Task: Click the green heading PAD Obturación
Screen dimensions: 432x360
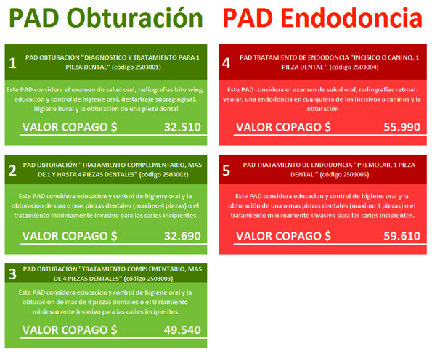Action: (x=106, y=18)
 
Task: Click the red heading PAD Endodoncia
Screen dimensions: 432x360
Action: (x=322, y=17)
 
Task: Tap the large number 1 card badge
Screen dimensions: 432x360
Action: (x=12, y=63)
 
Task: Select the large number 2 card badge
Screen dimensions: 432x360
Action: (x=12, y=171)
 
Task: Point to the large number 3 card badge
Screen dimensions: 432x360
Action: (x=12, y=274)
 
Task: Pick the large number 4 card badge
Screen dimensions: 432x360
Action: (x=227, y=63)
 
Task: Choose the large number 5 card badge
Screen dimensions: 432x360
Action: (x=227, y=171)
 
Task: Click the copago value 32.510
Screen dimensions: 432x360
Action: (x=182, y=127)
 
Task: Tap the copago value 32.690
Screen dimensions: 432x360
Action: (x=182, y=236)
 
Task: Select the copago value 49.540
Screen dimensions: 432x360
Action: (x=182, y=330)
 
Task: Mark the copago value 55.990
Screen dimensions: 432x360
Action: (x=402, y=127)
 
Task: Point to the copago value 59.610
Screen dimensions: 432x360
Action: (x=402, y=236)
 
